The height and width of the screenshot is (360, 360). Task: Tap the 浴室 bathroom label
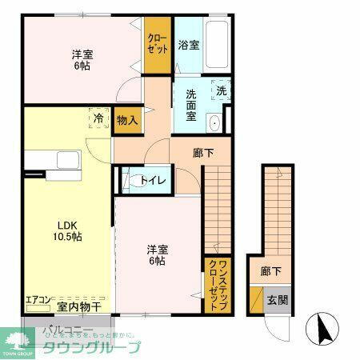click(x=189, y=46)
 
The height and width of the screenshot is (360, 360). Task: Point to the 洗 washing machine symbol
click(x=222, y=90)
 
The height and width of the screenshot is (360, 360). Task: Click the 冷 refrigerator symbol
click(x=98, y=118)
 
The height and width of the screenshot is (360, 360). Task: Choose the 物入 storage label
click(x=127, y=120)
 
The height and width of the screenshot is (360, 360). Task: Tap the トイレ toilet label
click(x=153, y=181)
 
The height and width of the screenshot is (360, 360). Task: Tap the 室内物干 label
click(x=78, y=306)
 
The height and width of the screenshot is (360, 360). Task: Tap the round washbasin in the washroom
click(x=214, y=122)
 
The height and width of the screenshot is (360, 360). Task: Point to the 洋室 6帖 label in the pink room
click(x=82, y=61)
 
